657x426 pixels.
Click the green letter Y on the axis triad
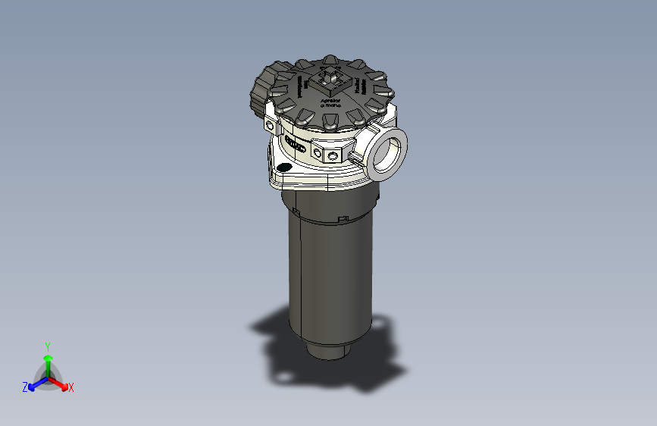pos(47,345)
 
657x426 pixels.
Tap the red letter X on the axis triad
pos(71,388)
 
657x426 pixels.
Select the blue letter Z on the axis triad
pos(25,387)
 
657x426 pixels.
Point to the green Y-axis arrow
pos(47,362)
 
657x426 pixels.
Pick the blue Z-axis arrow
pos(36,384)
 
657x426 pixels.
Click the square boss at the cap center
pos(331,80)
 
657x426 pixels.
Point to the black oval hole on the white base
pos(285,168)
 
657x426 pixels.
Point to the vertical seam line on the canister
pos(301,273)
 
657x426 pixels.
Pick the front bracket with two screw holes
pos(331,155)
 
